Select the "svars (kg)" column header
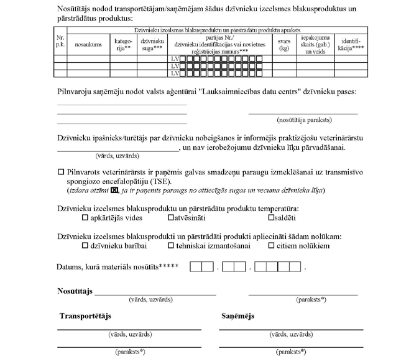pos(284,45)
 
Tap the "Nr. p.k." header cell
pos(60,42)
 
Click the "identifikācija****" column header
pos(350,45)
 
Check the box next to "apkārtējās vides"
pos(85,218)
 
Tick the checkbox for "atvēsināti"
pos(171,218)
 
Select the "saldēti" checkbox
pos(271,218)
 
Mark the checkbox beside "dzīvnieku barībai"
pos(85,246)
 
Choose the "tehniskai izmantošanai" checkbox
pos(171,246)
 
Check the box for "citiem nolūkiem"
pos(271,246)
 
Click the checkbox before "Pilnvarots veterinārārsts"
pos(61,171)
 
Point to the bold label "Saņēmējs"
pos(237,316)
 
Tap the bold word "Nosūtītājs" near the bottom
pos(75,291)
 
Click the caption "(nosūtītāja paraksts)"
pos(304,120)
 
